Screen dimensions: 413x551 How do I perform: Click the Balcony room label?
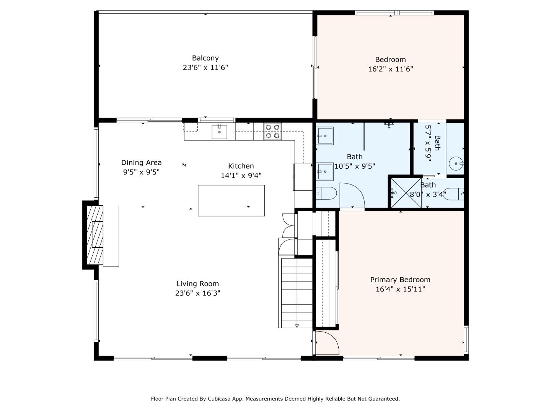[205, 58]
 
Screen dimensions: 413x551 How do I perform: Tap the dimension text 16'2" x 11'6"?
[390, 69]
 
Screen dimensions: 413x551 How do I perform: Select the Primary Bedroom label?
[400, 280]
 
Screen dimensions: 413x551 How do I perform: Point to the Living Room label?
[197, 284]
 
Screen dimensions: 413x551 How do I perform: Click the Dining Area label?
[141, 163]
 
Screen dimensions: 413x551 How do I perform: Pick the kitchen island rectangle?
[231, 200]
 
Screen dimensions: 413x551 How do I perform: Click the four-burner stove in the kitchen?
[272, 131]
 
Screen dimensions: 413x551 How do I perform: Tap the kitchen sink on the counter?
[220, 132]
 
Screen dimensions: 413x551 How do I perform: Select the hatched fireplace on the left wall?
[95, 235]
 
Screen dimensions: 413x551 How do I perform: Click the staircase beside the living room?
[297, 293]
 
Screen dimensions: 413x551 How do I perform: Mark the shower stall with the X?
[405, 193]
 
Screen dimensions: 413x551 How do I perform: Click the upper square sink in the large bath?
[325, 135]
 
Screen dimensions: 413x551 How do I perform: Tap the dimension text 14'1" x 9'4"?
[241, 176]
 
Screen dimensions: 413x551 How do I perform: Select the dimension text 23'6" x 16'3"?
[197, 293]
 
